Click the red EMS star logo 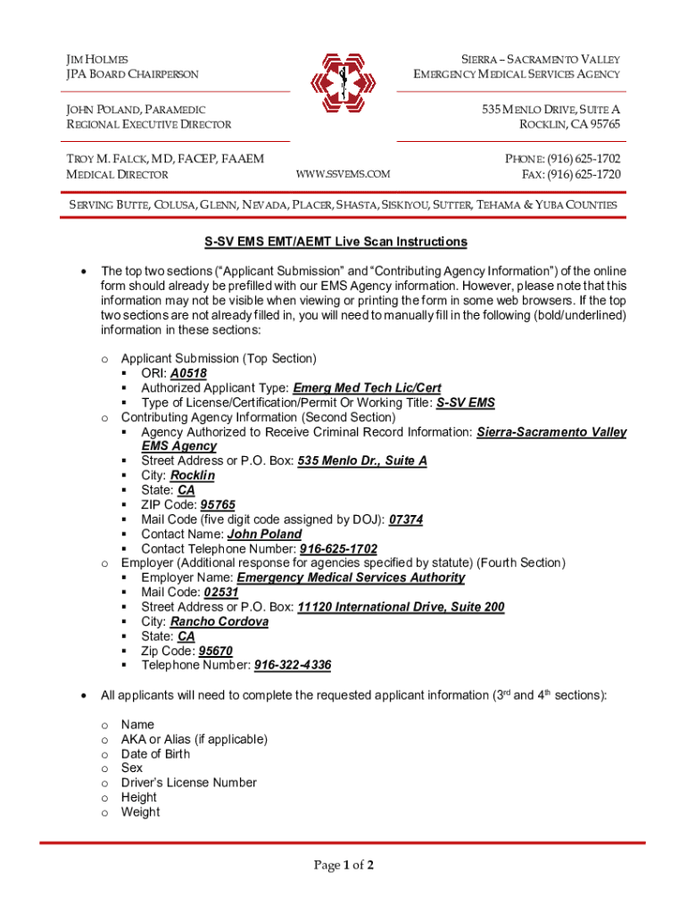coord(343,84)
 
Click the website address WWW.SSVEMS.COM coord(343,174)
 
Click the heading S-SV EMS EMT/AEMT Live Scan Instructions coord(343,242)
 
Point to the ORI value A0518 coord(188,373)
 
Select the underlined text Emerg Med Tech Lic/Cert coord(367,388)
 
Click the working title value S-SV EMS coord(465,403)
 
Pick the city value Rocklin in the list coord(192,476)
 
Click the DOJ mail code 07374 coord(406,519)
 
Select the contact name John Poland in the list coord(264,534)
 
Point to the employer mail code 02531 coord(220,592)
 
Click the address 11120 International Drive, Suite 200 coord(401,607)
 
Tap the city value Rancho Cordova coord(219,621)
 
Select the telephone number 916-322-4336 coord(293,665)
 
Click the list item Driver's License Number coord(189,783)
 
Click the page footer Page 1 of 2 coord(343,865)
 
